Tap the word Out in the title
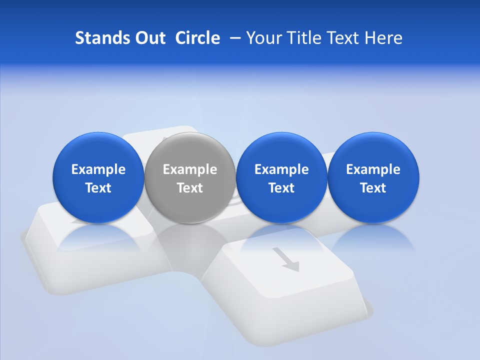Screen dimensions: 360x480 (150, 38)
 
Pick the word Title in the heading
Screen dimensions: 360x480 (306, 38)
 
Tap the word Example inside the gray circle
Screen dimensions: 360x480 (190, 169)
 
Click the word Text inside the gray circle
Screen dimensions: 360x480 (190, 188)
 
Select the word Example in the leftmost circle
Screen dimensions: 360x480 (98, 169)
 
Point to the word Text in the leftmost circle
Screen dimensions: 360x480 (98, 188)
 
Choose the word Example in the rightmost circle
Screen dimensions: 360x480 (373, 169)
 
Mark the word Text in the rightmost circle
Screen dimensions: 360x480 (373, 188)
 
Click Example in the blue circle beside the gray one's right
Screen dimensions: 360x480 (281, 169)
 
